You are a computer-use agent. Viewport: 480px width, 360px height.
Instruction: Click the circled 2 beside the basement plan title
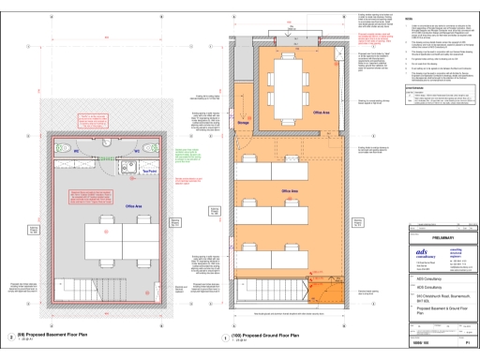click(10, 336)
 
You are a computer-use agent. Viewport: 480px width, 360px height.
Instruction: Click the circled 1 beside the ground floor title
click(222, 336)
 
